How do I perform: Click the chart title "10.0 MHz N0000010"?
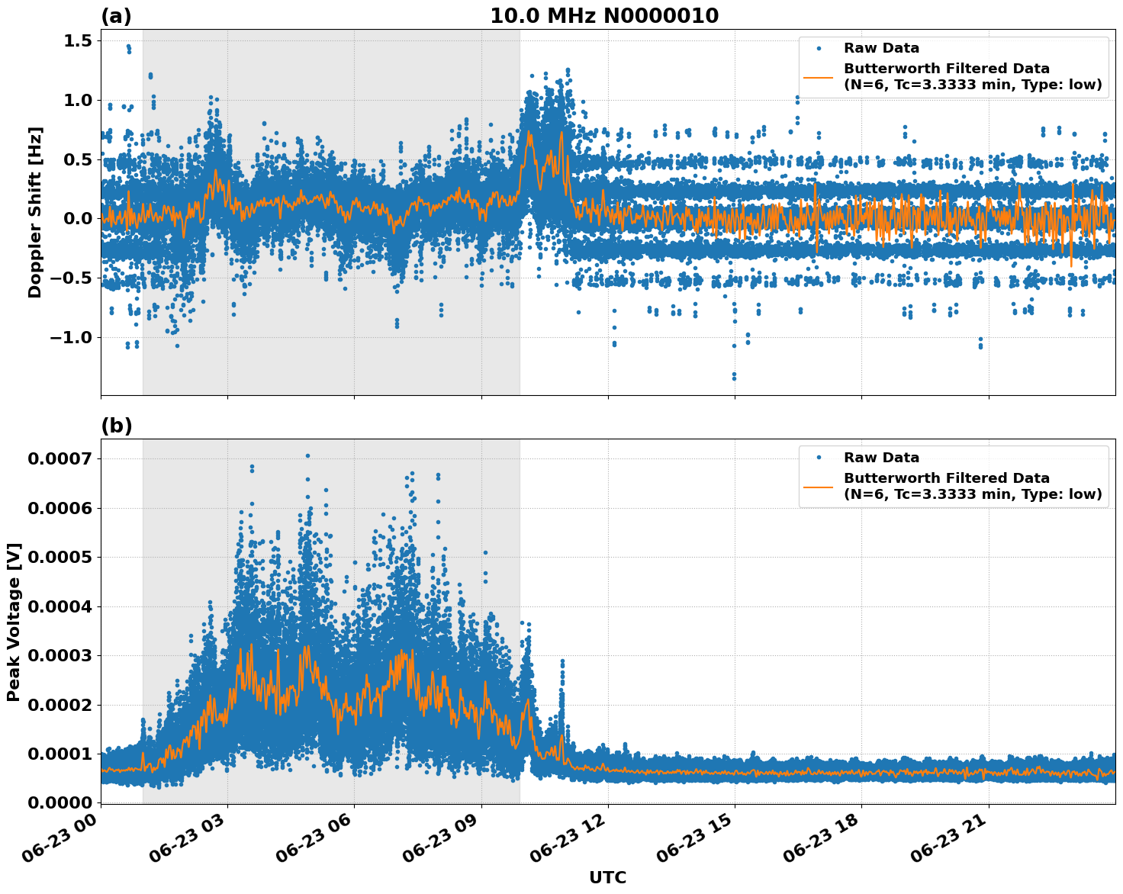coord(603,16)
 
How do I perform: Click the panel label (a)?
coord(116,16)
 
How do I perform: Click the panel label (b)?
coord(116,426)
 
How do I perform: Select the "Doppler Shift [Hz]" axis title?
coord(35,212)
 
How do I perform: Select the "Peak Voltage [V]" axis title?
coord(14,622)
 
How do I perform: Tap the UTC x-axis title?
coord(607,877)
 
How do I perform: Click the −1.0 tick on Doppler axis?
coord(70,337)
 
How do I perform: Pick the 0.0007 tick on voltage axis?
coord(60,458)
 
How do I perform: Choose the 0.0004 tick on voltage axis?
coord(60,606)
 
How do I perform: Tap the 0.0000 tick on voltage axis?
coord(60,802)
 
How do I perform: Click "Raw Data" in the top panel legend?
coord(881,48)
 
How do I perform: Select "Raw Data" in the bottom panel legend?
coord(881,458)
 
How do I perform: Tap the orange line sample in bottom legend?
coord(818,486)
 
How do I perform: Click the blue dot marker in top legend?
coord(818,48)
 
